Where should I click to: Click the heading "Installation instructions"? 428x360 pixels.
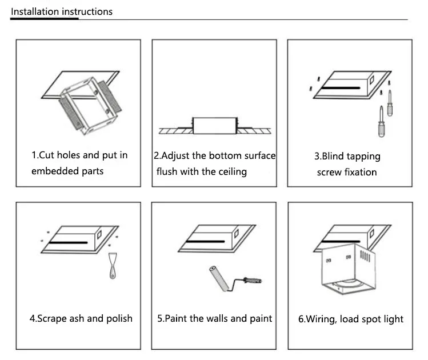point(62,11)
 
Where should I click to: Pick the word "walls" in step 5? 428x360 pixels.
point(216,318)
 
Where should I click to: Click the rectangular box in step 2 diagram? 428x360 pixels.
point(214,125)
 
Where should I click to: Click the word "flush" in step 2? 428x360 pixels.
point(167,171)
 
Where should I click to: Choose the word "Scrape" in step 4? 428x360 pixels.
point(53,318)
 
